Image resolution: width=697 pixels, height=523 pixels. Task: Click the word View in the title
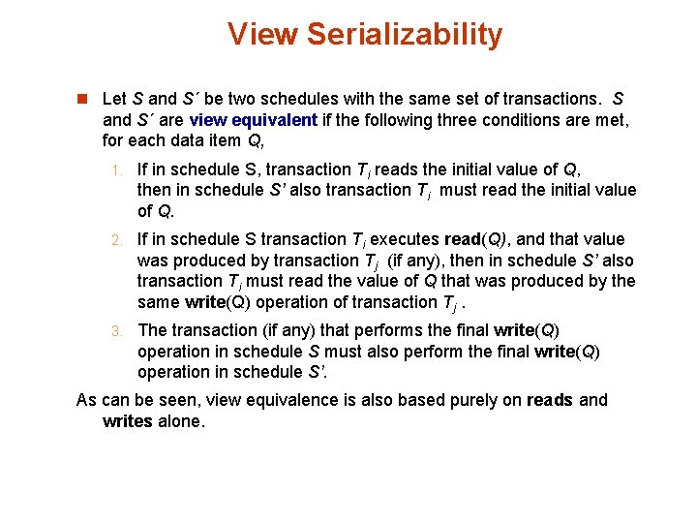(x=262, y=34)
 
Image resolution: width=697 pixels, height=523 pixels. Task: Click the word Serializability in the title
(x=405, y=34)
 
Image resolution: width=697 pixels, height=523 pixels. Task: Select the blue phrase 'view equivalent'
(x=254, y=120)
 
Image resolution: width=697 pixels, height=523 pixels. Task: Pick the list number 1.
(x=115, y=169)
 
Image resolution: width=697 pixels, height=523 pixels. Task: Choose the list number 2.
(x=115, y=240)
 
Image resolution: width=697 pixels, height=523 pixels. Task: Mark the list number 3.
(x=115, y=331)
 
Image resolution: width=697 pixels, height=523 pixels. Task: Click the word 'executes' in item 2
(x=407, y=239)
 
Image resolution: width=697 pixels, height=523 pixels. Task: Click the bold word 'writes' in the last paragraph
(x=127, y=421)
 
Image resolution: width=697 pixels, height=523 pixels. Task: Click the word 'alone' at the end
(x=181, y=421)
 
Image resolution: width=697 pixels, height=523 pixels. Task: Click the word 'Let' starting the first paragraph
(x=113, y=99)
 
